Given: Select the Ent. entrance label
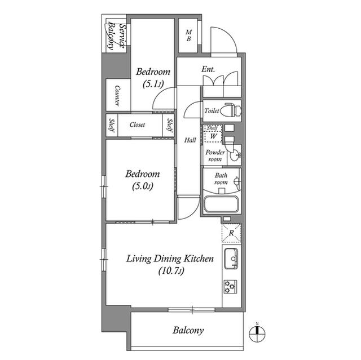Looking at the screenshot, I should pos(209,70).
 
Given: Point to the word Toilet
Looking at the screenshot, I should pos(212,111).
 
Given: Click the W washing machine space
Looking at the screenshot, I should pos(213,136).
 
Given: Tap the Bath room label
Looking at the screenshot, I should pos(220,179).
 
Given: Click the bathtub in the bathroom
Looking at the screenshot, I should pos(221,203).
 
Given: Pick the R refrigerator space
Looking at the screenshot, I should pos(231,232).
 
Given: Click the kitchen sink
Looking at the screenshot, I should pos(232,260).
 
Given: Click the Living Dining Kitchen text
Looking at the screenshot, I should pos(169,259).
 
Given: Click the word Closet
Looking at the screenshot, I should pos(137,125).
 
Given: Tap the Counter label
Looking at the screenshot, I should pos(117,96).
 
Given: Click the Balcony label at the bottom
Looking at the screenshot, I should pos(188,330).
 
